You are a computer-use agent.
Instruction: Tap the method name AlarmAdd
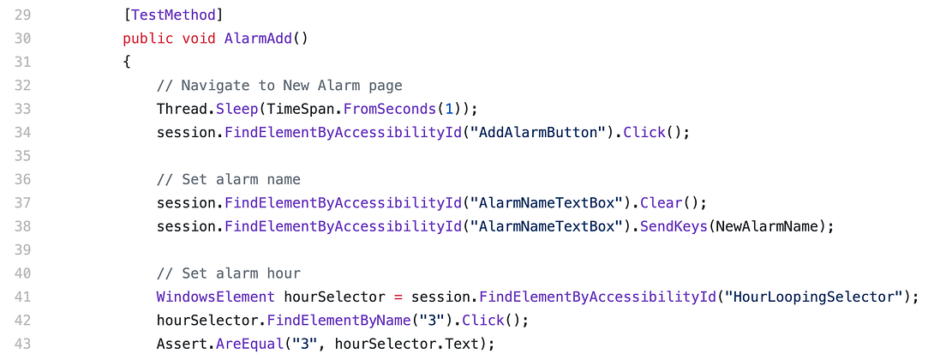tap(258, 39)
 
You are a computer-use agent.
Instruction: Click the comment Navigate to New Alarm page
tap(279, 86)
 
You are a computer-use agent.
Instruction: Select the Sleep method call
tap(224, 109)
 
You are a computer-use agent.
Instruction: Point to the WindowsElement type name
tap(215, 297)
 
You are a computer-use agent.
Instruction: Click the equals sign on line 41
tap(398, 297)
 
